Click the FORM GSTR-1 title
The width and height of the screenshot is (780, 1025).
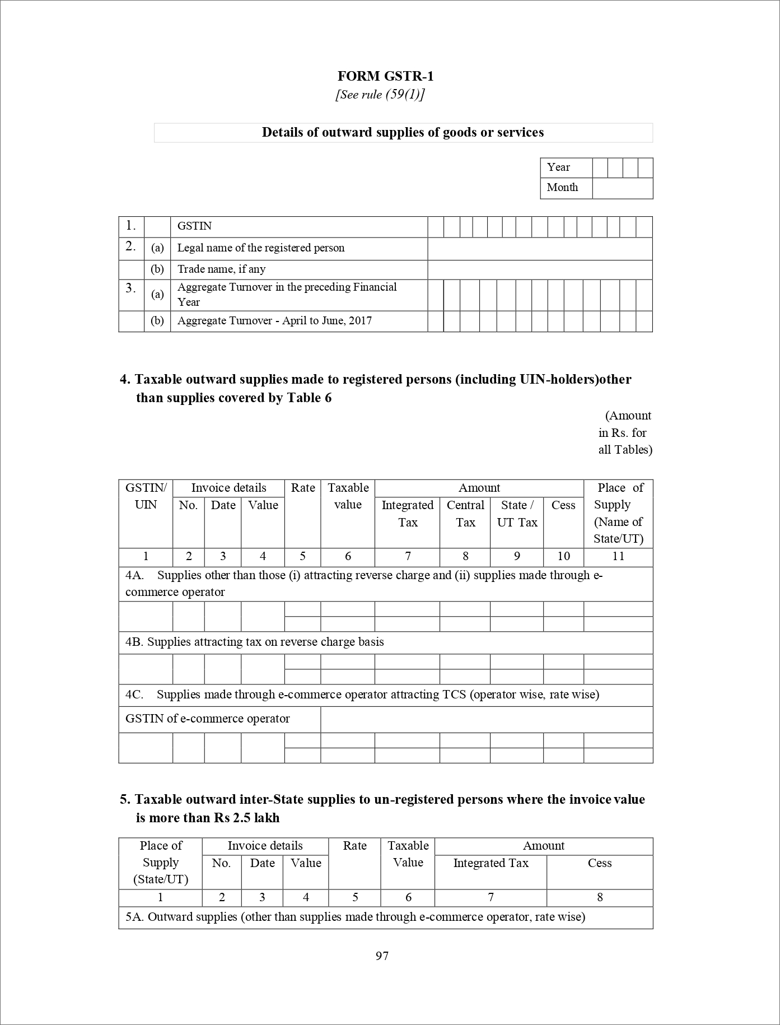[385, 76]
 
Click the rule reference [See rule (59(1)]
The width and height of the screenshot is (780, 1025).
[380, 94]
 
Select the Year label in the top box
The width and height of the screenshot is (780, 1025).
[558, 167]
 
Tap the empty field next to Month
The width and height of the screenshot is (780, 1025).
[622, 188]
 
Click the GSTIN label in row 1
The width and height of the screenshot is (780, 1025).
[194, 226]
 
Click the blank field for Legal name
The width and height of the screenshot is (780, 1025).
[540, 249]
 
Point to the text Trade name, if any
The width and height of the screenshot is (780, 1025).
[221, 269]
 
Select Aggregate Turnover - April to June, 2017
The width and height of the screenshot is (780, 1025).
[274, 321]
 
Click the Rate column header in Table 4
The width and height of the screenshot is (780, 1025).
[303, 488]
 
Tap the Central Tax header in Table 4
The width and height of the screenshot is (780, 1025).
[465, 514]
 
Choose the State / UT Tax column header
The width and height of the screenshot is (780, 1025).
[517, 514]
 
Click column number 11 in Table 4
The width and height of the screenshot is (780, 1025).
[618, 556]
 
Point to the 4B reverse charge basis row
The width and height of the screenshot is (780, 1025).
[255, 642]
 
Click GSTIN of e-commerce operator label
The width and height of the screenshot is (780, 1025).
[208, 719]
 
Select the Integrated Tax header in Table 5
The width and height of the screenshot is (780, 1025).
[491, 863]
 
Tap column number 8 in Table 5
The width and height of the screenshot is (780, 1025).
[600, 897]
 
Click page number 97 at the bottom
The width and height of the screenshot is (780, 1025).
[382, 956]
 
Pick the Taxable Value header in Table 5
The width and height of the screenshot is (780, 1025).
[408, 854]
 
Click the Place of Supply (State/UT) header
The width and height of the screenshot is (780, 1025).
[161, 863]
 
